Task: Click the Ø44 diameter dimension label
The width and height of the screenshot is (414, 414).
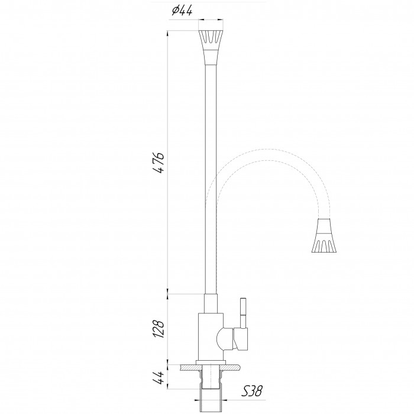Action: [182, 11]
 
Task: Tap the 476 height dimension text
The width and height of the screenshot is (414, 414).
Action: [159, 163]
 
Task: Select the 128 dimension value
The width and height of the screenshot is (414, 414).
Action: [159, 329]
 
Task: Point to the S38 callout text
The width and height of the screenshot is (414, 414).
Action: [252, 391]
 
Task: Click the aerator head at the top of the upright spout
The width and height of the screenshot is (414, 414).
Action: [211, 47]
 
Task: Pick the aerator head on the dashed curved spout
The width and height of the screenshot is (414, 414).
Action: [324, 235]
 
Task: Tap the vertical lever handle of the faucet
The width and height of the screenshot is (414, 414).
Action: [243, 313]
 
